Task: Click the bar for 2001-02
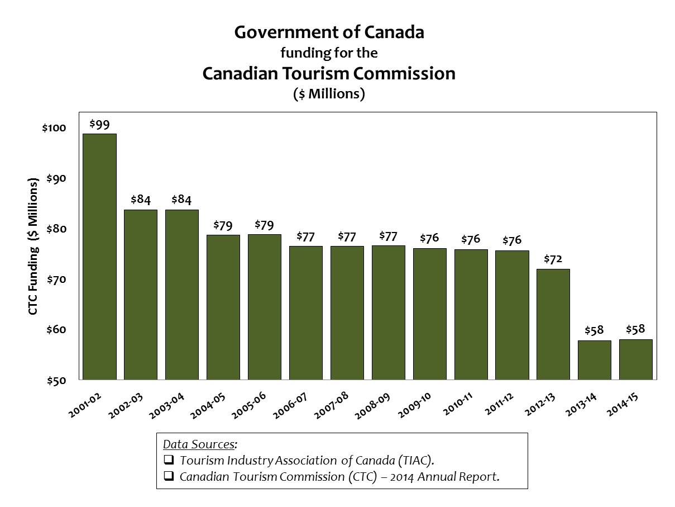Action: click(99, 257)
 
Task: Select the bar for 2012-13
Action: click(553, 324)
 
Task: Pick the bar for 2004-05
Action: click(223, 307)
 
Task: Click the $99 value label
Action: click(99, 125)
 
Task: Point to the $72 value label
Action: click(553, 260)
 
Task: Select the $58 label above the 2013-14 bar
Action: click(594, 330)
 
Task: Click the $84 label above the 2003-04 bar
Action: click(182, 200)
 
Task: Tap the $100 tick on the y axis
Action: click(54, 128)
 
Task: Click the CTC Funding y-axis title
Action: click(33, 247)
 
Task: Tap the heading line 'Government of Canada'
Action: click(329, 32)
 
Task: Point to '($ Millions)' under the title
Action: click(329, 93)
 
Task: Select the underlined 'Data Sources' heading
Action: click(199, 445)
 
